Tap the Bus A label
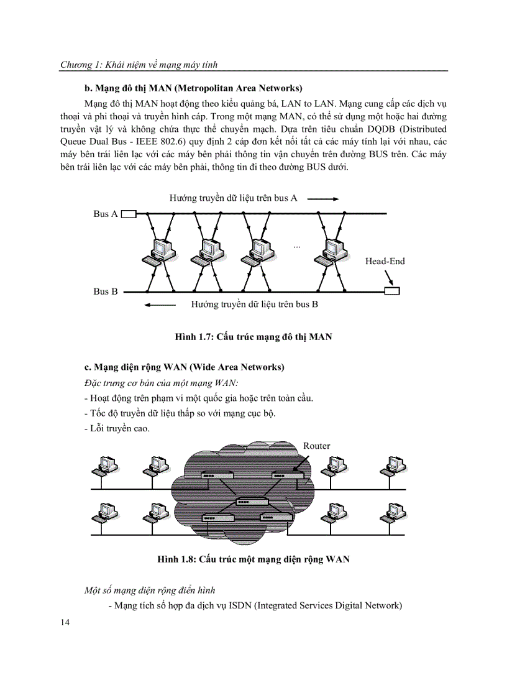tap(105, 214)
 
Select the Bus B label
tap(105, 291)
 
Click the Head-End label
tap(385, 261)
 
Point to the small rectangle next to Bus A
tap(129, 214)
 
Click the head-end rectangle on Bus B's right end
tap(392, 291)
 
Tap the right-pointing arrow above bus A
tap(322, 199)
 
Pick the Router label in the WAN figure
tap(316, 446)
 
